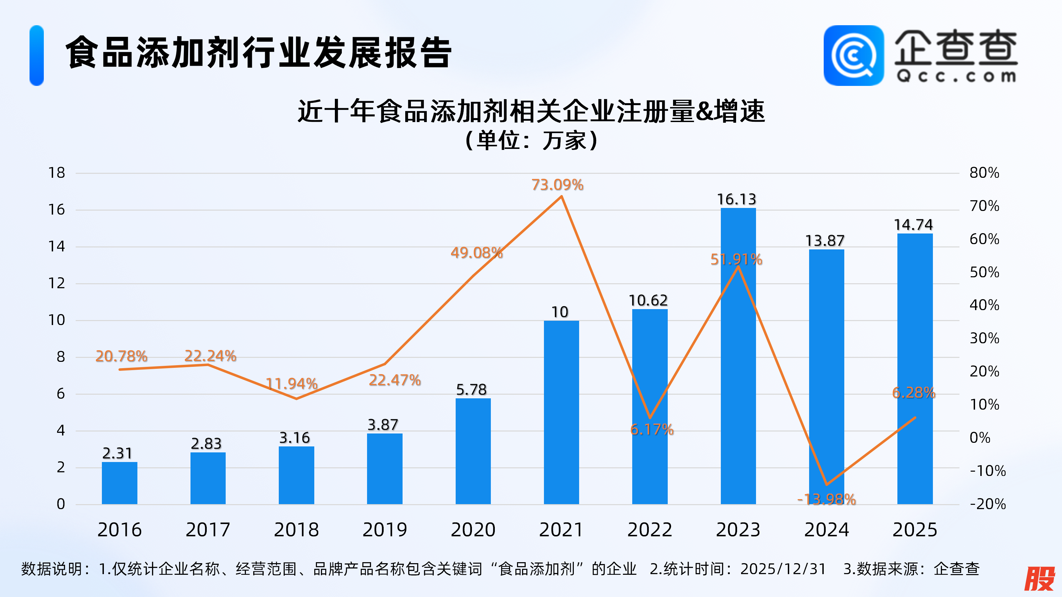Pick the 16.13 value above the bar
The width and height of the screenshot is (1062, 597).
pos(736,199)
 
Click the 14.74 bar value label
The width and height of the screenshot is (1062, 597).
pos(913,225)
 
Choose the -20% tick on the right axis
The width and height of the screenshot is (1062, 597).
pos(987,504)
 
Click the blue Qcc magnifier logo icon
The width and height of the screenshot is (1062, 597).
pos(853,56)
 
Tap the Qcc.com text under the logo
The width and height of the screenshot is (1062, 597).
pos(956,76)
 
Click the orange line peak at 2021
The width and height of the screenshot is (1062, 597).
pos(561,197)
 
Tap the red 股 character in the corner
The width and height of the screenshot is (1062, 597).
pos(1039,578)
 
